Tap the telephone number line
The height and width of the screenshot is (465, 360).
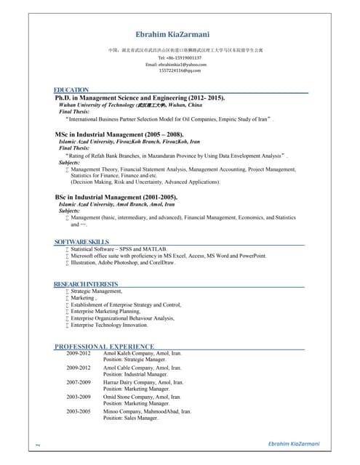[180, 57]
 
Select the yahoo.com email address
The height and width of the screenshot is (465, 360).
[180, 64]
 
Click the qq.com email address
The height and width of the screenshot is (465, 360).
[180, 70]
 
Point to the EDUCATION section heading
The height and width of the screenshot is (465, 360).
[72, 90]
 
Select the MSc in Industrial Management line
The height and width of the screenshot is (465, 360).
[119, 134]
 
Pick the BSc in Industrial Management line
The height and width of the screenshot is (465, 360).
[116, 197]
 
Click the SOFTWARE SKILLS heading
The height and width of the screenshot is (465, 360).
[81, 241]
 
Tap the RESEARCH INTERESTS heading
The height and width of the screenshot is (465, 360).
[86, 283]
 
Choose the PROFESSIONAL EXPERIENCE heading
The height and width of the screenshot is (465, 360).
[104, 347]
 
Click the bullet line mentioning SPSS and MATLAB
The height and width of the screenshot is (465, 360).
[119, 248]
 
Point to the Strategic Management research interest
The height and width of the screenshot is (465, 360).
[97, 291]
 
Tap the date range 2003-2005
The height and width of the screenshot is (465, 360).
[79, 411]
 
